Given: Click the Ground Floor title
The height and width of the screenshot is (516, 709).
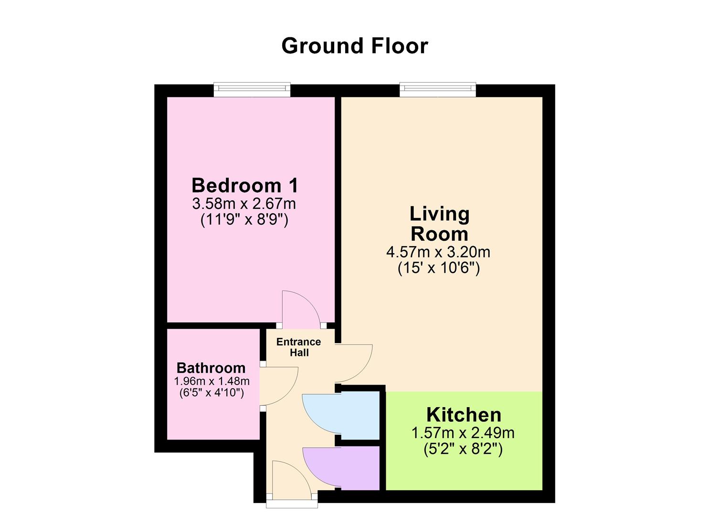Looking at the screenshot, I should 354,46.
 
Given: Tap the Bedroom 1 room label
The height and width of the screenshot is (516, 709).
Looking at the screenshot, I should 244,185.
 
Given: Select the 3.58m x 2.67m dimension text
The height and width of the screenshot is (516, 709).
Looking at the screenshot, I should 244,204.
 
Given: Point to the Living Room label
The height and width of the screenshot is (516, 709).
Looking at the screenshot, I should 439,224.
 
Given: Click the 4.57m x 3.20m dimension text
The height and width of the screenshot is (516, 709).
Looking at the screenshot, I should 438,251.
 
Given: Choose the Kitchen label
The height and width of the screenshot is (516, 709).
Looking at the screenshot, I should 464,414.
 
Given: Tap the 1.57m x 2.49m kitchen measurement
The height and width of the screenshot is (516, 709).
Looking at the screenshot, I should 463,433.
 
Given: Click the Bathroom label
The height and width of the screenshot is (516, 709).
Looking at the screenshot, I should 211,368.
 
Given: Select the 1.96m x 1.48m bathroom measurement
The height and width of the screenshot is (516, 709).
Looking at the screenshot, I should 212,381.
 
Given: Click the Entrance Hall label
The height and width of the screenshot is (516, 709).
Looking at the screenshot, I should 299,347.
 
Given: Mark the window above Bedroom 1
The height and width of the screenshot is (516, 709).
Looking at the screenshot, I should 252,89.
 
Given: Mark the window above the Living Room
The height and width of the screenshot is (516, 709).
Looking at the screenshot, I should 437,89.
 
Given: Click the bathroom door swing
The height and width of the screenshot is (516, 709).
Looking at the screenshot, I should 279,386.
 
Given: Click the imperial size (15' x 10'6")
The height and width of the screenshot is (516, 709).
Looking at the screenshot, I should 438,268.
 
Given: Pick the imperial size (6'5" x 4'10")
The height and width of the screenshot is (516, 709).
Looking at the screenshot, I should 212,393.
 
